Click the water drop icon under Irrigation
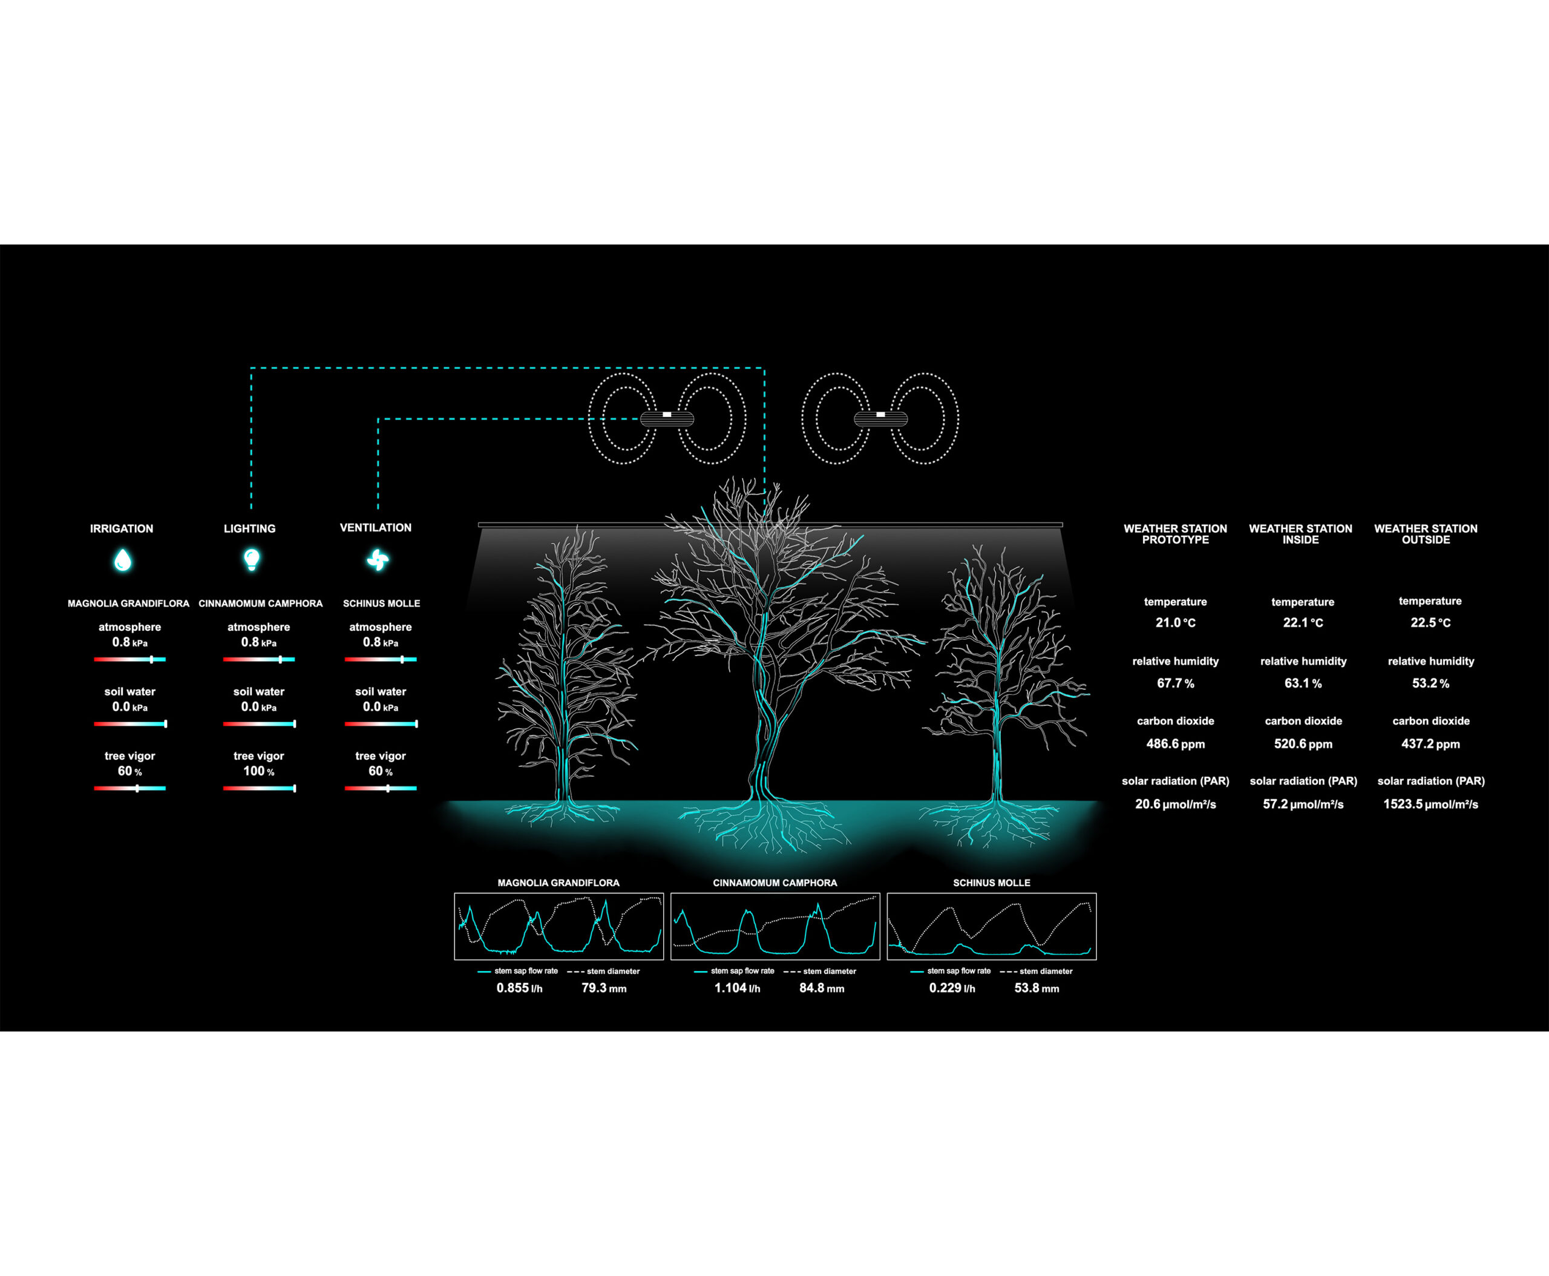(123, 560)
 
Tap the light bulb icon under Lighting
(251, 559)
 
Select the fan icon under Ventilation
(377, 560)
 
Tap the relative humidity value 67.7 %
(1175, 683)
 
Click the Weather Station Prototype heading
(1175, 534)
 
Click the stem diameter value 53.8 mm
(1036, 988)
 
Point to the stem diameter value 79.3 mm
(603, 988)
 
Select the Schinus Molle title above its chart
(991, 883)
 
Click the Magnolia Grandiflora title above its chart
(558, 883)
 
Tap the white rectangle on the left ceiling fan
(666, 415)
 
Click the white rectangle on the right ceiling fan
(880, 415)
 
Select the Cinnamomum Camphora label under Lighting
(260, 603)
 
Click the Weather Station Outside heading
(1426, 534)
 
